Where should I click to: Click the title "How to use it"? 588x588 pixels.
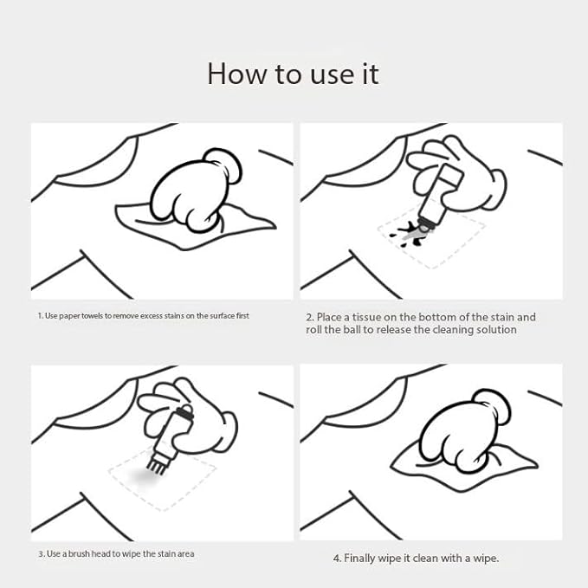point(294,74)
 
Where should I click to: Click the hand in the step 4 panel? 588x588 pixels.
point(464,431)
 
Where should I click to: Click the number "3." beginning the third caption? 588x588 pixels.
point(42,554)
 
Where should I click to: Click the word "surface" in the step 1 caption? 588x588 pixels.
point(222,316)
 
